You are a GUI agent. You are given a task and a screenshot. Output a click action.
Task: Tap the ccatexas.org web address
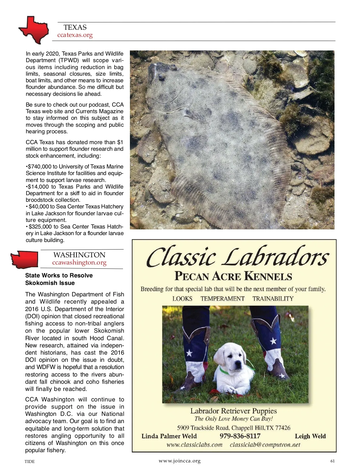(75, 35)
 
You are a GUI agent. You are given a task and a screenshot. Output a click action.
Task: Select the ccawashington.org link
(79, 263)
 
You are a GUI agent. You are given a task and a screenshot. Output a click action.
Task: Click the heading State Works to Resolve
(59, 275)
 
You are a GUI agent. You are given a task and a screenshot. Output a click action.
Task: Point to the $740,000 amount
(39, 166)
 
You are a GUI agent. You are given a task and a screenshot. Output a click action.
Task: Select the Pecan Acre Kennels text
(233, 276)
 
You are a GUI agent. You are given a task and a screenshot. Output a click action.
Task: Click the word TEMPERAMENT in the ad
(222, 299)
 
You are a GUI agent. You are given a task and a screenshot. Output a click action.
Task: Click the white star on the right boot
(273, 341)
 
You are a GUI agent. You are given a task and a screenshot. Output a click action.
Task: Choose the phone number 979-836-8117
(240, 436)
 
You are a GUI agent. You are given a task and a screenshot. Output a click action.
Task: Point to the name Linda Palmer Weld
(169, 436)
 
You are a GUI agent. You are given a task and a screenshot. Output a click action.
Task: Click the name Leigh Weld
(310, 436)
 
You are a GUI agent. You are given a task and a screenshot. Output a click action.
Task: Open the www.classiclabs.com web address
(194, 445)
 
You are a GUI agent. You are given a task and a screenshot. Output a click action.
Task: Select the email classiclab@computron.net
(265, 445)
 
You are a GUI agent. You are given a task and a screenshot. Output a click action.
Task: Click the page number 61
(332, 461)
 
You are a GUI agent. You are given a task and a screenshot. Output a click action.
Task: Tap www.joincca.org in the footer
(179, 461)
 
